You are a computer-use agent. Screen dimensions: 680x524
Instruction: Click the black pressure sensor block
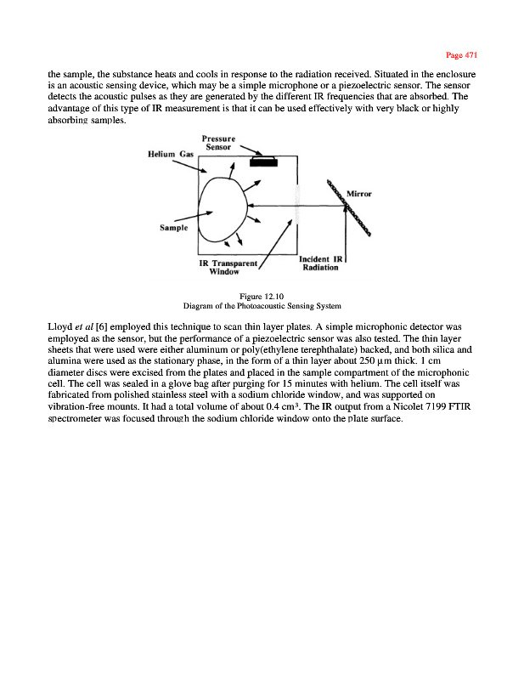tap(264, 161)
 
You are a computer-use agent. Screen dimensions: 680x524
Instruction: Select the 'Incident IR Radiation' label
tap(320, 263)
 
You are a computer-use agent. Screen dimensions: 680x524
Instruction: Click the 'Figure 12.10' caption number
tap(262, 296)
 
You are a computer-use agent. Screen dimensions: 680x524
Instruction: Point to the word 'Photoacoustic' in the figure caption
tap(262, 305)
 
